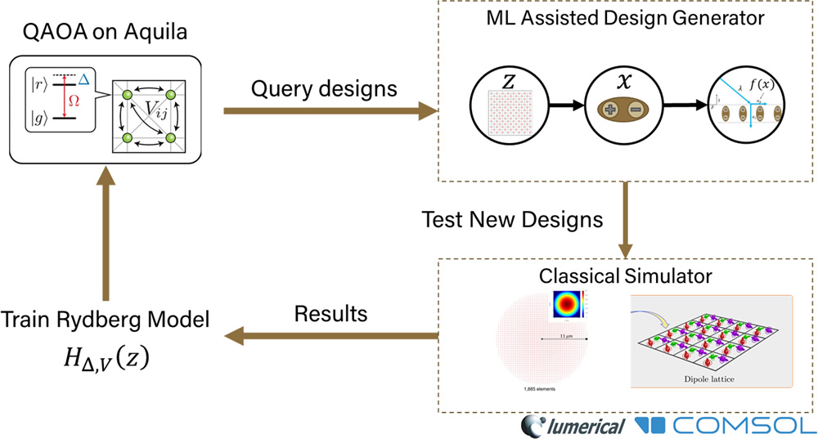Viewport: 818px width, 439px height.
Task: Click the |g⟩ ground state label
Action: [38, 119]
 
